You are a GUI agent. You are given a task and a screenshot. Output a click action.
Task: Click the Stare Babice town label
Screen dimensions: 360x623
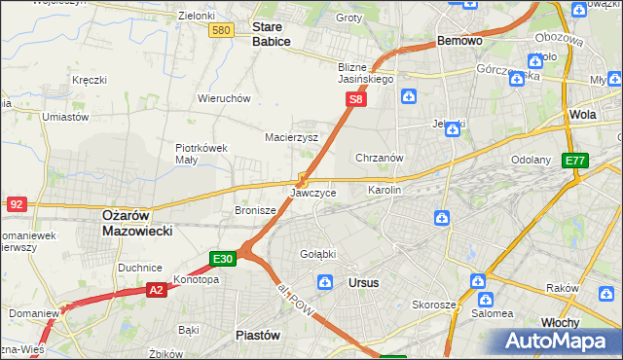[271, 35]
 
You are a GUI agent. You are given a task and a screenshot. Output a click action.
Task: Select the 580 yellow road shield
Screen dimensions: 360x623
[221, 31]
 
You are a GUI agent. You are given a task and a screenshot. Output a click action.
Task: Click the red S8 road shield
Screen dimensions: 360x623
[357, 99]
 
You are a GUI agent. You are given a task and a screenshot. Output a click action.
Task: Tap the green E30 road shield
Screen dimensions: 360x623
[223, 259]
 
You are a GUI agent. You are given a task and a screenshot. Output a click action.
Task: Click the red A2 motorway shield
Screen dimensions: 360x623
[157, 289]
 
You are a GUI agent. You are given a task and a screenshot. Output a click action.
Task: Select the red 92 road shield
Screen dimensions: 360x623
[16, 203]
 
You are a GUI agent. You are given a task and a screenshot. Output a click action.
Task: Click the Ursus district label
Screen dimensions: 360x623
[363, 282]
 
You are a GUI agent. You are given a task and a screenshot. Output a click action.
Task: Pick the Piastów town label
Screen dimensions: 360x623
[258, 334]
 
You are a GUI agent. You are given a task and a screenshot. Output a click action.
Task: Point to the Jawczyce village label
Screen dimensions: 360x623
[313, 193]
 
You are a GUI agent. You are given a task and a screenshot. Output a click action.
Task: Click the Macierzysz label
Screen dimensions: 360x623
[292, 137]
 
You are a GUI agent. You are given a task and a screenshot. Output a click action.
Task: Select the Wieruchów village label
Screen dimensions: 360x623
[225, 98]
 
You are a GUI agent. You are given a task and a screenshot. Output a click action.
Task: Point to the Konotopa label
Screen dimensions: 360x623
[196, 279]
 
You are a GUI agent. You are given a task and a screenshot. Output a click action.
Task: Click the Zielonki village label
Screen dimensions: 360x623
[197, 17]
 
